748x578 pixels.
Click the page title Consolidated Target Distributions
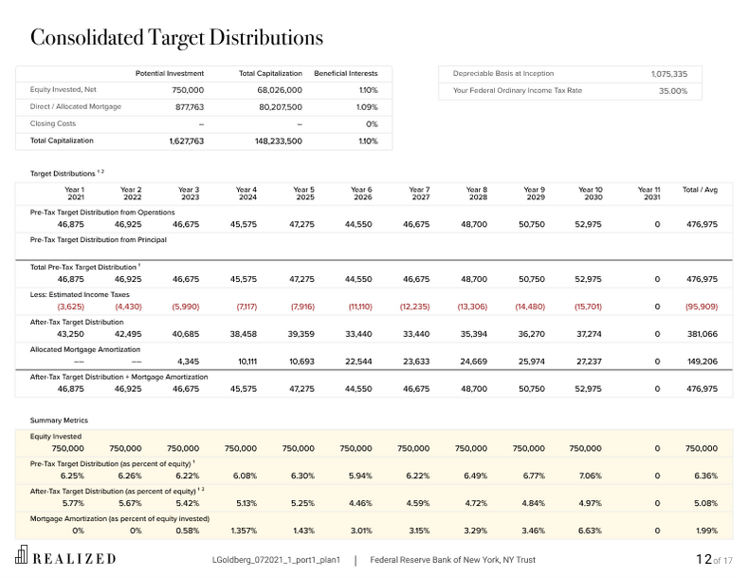176,38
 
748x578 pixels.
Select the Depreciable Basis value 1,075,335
668,74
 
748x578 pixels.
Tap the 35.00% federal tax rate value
672,91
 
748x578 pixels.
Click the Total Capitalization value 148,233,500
279,141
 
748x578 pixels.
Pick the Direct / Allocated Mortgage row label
75,107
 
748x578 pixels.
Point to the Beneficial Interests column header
346,73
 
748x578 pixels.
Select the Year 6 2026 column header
361,194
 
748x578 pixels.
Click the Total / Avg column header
700,190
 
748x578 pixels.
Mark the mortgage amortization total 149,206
702,362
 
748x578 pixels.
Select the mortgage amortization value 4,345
188,362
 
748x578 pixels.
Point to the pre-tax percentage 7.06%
590,475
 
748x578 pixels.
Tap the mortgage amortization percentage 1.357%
244,531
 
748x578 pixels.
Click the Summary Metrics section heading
59,420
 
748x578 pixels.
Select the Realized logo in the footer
65,558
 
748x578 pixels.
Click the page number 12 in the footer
702,559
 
